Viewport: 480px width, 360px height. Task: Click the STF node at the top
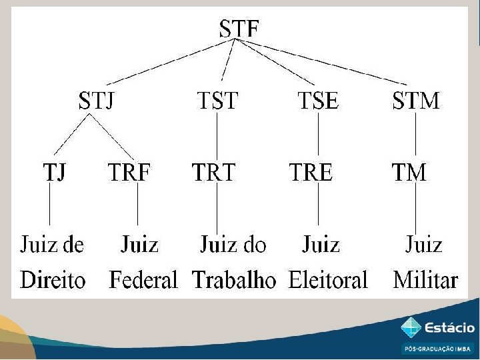(239, 28)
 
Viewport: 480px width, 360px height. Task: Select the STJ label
(97, 101)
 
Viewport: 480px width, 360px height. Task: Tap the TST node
(217, 101)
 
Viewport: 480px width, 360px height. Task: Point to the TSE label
(318, 101)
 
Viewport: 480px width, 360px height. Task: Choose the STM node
(416, 101)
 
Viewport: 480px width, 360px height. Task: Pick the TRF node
(130, 172)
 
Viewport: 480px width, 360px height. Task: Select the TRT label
(214, 172)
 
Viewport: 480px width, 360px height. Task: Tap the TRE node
(311, 172)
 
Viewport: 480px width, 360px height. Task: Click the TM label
(409, 172)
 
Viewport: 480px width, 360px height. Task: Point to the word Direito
(53, 279)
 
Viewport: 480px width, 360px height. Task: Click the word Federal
(143, 279)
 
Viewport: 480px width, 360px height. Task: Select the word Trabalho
(234, 279)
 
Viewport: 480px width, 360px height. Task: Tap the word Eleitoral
(328, 279)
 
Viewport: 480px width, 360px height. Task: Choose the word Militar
(426, 279)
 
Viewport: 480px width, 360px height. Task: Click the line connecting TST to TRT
(217, 137)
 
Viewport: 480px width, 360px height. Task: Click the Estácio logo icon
(411, 327)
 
